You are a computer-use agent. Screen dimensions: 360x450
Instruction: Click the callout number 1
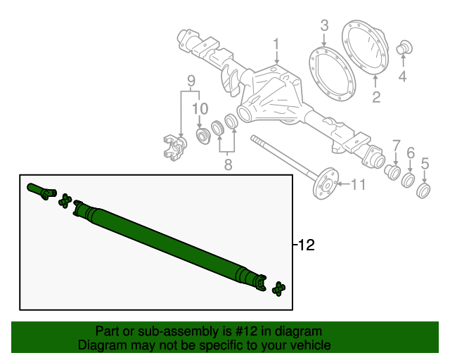[x=276, y=44]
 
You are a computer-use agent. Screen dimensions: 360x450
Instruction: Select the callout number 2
[x=376, y=97]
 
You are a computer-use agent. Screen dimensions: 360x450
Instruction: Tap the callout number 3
[x=324, y=26]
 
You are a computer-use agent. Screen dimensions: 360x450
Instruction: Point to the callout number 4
[x=402, y=77]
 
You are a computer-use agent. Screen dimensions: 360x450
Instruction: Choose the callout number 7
[x=396, y=145]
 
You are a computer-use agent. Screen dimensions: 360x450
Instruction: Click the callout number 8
[x=227, y=165]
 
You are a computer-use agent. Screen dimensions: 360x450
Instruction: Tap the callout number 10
[x=200, y=108]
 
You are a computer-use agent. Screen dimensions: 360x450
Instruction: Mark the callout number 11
[x=359, y=185]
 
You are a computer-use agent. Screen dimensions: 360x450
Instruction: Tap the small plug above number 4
[x=404, y=47]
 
